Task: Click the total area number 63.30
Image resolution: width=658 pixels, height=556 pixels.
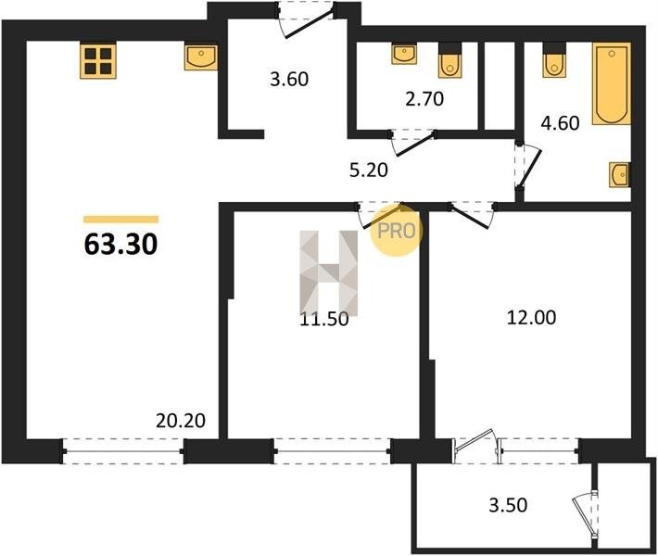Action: (120, 245)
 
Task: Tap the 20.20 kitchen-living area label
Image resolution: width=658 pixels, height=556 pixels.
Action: (181, 421)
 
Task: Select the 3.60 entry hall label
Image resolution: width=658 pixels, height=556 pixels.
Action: (289, 79)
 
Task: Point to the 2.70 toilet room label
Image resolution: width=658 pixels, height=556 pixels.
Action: (424, 99)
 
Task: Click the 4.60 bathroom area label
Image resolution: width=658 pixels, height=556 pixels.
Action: (560, 123)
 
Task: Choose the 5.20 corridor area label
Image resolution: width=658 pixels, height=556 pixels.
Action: (369, 171)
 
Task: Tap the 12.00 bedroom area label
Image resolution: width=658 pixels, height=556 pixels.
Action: (532, 318)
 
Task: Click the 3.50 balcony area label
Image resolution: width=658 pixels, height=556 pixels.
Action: (508, 505)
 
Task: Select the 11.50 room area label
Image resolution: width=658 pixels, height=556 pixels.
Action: (324, 320)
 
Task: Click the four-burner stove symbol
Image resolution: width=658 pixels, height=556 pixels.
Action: (98, 61)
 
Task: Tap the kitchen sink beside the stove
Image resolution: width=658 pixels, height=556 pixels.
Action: (201, 57)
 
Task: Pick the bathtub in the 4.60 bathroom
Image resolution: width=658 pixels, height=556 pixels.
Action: (612, 83)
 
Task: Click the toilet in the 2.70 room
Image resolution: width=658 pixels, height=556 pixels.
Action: (449, 60)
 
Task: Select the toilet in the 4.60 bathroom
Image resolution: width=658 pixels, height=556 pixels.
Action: (554, 60)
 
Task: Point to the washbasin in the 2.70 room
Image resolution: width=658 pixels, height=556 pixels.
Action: (405, 54)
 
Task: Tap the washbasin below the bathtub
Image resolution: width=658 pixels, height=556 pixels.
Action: (620, 174)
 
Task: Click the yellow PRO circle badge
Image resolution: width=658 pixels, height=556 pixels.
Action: (396, 231)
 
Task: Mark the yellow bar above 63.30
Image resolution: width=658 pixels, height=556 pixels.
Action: (120, 219)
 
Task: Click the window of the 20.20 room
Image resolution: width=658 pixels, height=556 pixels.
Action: (123, 451)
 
